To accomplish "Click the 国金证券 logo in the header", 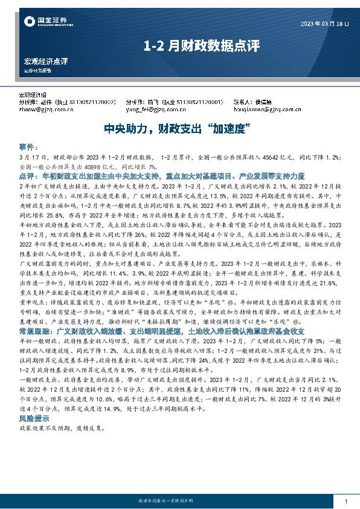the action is click(41, 22).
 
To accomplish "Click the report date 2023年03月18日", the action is click(324, 24).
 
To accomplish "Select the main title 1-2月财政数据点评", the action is click(179, 45).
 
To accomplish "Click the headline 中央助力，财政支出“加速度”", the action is click(179, 129).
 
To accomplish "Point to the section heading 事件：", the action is click(28, 147).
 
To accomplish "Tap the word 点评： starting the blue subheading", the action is click(28, 174).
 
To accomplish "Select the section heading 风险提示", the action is click(33, 418).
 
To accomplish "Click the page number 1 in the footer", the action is click(345, 502).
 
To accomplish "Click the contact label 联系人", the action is click(243, 102).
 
